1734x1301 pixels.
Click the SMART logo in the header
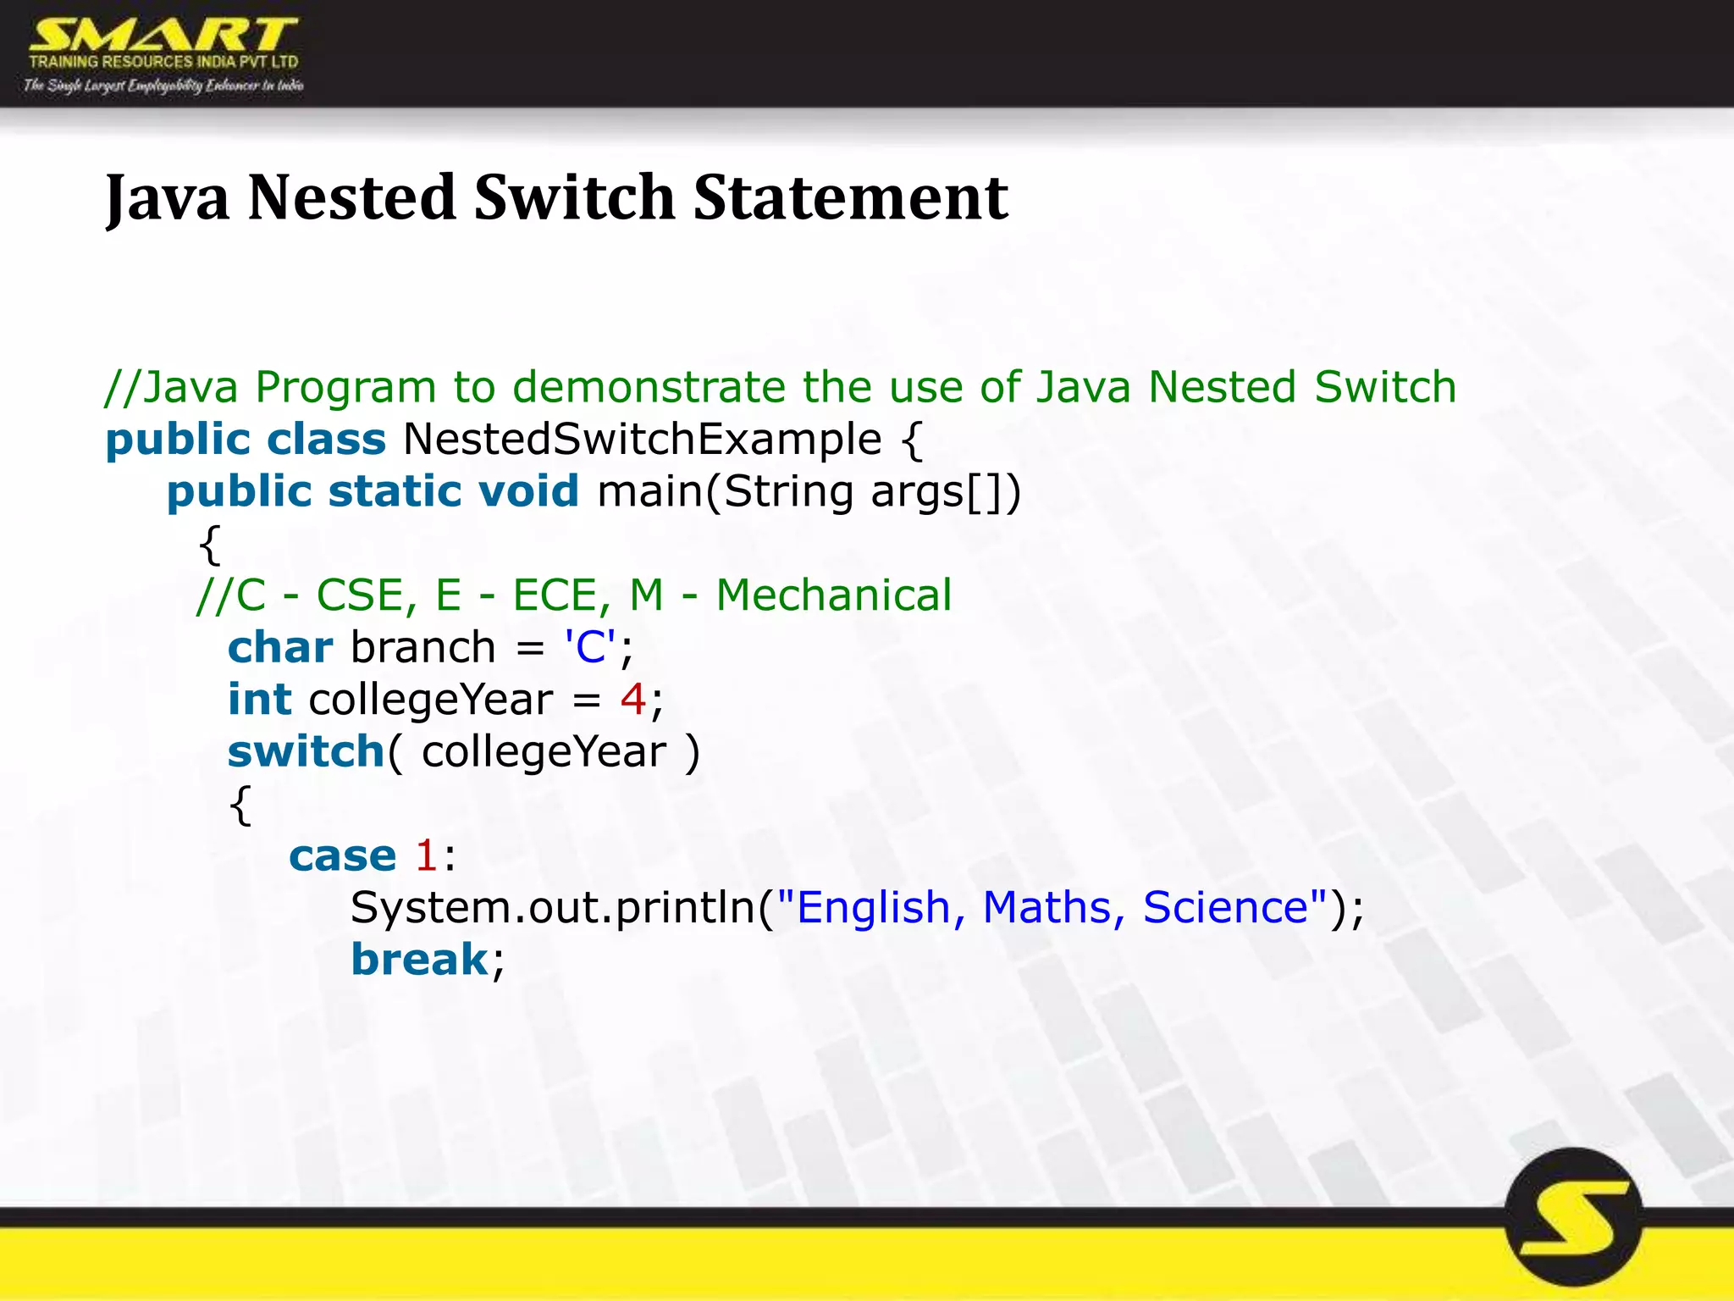tap(163, 54)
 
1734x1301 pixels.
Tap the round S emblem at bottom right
tap(1574, 1217)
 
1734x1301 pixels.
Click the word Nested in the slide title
tap(352, 197)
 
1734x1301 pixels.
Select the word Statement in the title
tap(850, 197)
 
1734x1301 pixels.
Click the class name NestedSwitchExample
tap(643, 440)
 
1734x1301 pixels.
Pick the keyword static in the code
tap(394, 491)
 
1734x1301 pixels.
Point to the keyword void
tap(528, 491)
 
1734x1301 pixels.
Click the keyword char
tap(280, 647)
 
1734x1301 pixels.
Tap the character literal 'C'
tap(590, 647)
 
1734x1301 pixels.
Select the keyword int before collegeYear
tap(259, 700)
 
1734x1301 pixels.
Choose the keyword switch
tap(306, 752)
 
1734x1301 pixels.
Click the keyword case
tap(342, 855)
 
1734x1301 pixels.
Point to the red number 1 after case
tap(426, 855)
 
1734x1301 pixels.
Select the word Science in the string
tap(1226, 907)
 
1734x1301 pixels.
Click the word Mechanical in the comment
tap(834, 595)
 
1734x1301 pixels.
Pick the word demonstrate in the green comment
tap(649, 387)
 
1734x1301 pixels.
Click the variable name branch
tap(422, 647)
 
